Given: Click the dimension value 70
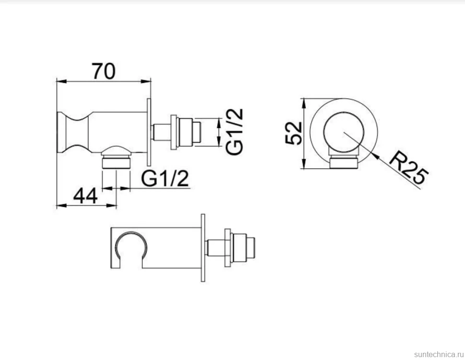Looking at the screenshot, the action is pos(104,71).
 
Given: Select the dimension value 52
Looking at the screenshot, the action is pos(293,133).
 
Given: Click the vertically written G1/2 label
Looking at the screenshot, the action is pos(234,131).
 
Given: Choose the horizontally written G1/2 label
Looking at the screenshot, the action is pos(165,178).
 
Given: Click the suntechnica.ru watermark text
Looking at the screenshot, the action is pos(439,354).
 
